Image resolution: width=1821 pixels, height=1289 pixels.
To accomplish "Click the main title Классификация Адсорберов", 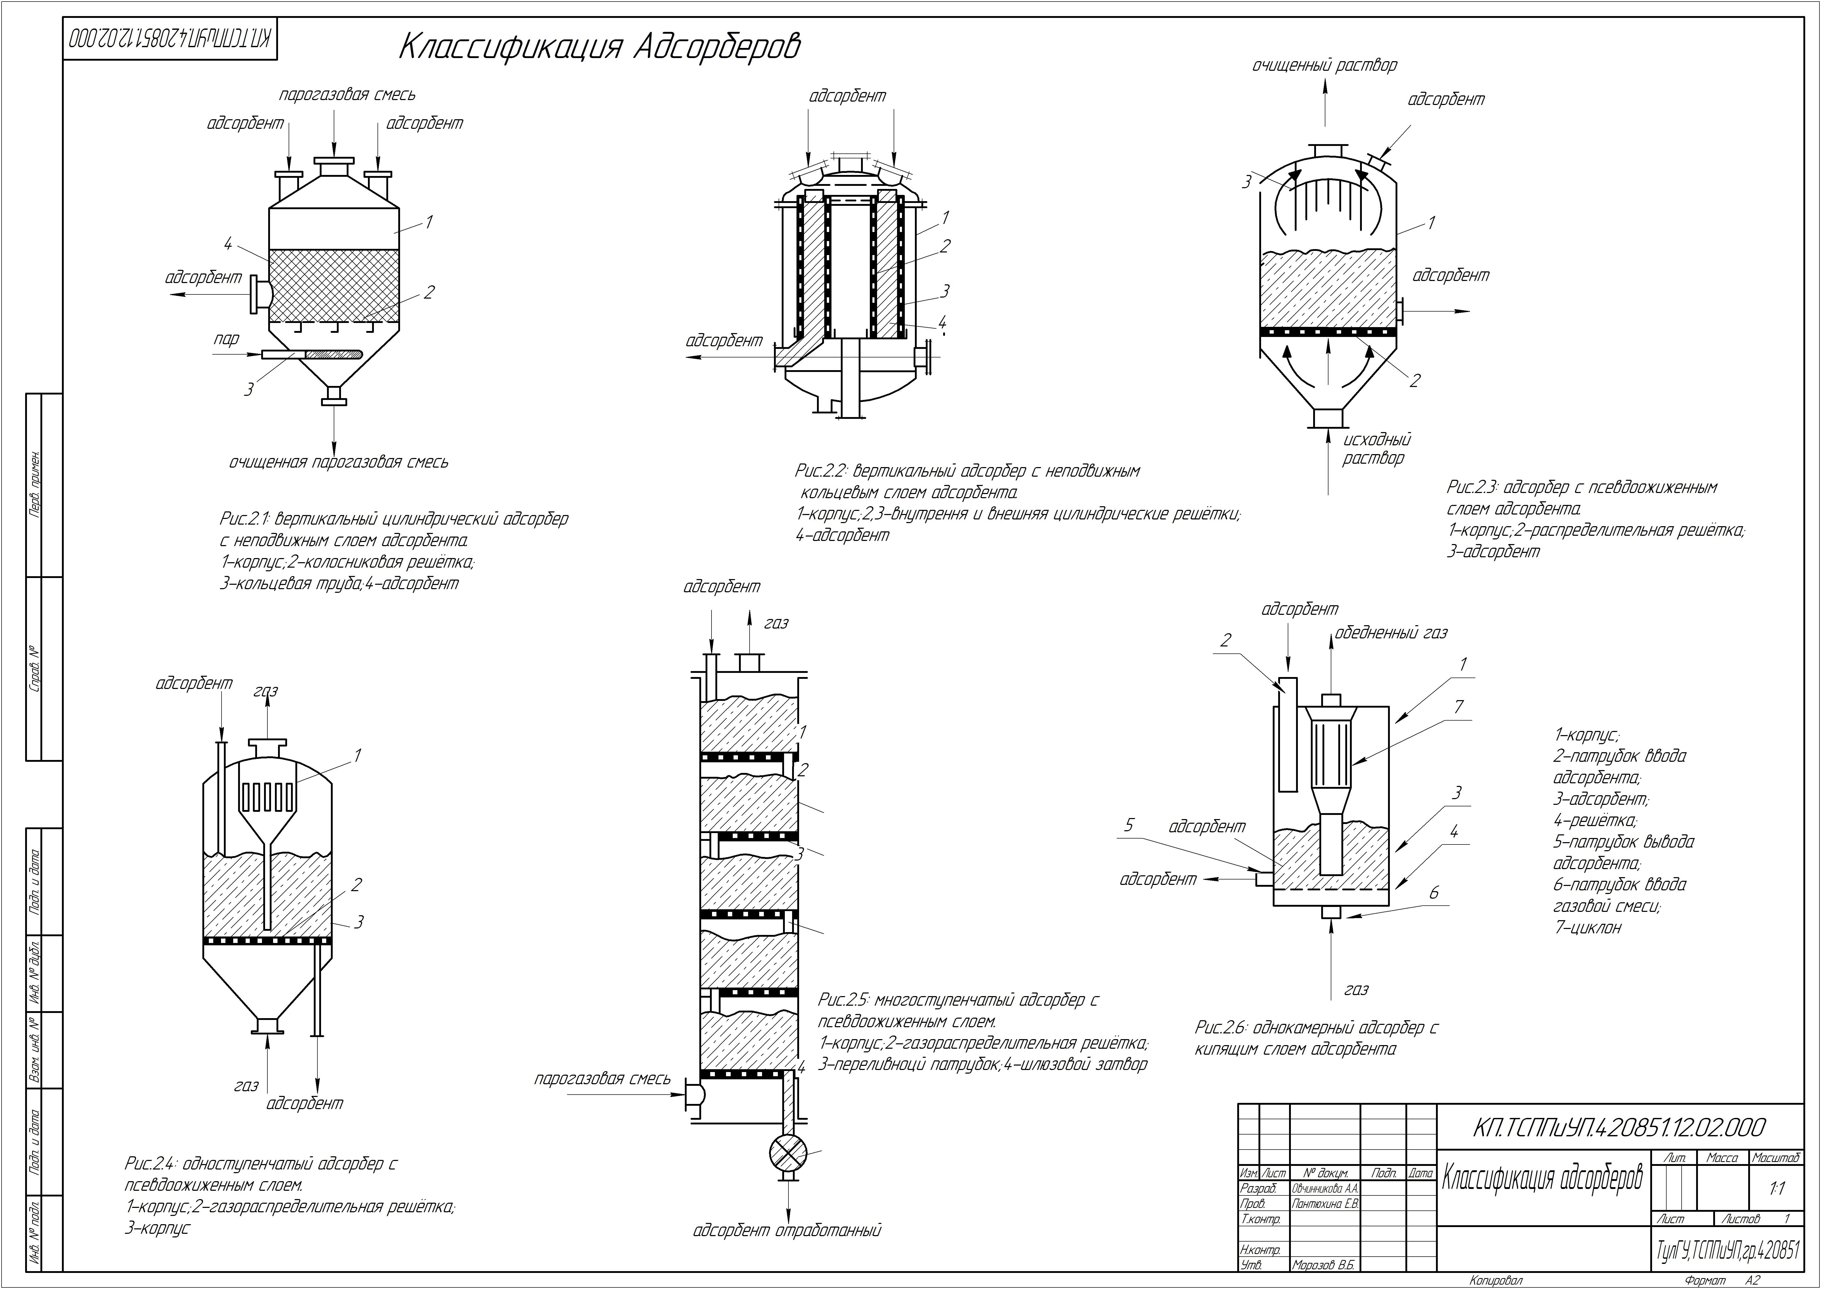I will point(599,47).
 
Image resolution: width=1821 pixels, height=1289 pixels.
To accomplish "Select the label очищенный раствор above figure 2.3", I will point(1324,65).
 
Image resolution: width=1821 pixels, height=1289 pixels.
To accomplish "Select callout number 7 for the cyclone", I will point(1459,706).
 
